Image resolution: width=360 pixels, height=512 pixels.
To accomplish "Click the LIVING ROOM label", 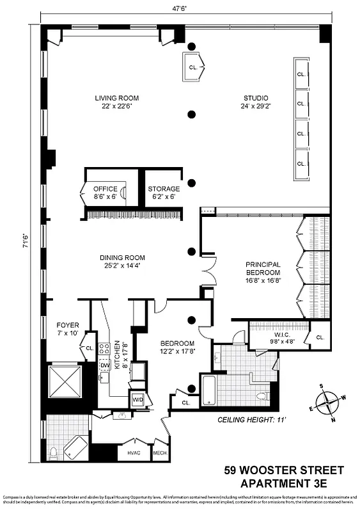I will pyautogui.click(x=117, y=98).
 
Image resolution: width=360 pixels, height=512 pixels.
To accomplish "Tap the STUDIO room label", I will pyautogui.click(x=255, y=98).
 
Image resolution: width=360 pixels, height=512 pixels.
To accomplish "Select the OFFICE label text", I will pyautogui.click(x=105, y=189).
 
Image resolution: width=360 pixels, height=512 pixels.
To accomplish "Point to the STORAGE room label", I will pyautogui.click(x=164, y=189).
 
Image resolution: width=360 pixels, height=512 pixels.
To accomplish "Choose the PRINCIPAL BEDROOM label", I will pyautogui.click(x=263, y=268).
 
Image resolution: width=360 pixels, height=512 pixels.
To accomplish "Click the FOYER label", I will pyautogui.click(x=68, y=324).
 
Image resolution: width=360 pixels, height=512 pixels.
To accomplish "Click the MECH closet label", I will pyautogui.click(x=159, y=453).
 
